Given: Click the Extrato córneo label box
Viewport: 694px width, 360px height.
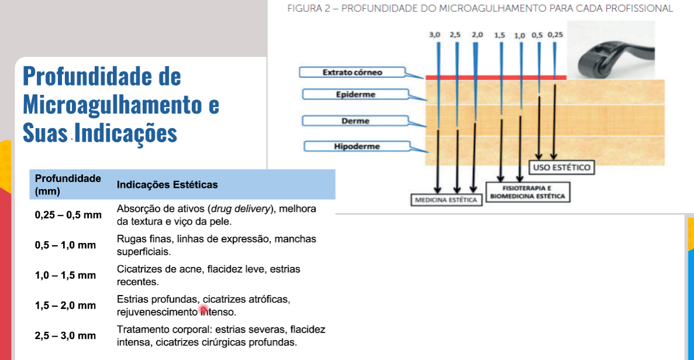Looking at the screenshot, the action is tap(352, 72).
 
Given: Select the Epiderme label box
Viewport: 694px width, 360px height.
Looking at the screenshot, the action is tap(355, 94).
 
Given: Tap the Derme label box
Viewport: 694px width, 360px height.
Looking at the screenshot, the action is tap(355, 121).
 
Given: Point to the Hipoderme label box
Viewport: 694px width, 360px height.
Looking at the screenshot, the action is tap(357, 146).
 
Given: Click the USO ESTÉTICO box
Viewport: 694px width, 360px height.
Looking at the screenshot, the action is tap(561, 167).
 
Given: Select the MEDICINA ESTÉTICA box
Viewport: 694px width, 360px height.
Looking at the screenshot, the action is tap(446, 200).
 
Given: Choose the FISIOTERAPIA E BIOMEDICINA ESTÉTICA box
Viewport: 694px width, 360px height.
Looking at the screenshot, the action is tap(528, 192).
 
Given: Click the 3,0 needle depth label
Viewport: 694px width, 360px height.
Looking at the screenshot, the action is tap(434, 35).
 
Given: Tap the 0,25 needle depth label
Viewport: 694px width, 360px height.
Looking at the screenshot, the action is tap(555, 35).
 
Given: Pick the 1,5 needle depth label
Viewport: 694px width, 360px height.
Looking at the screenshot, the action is tap(499, 35).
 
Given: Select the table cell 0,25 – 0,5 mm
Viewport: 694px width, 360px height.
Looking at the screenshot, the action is tap(68, 215).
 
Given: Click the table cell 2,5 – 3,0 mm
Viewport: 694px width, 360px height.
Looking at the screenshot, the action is tap(66, 335).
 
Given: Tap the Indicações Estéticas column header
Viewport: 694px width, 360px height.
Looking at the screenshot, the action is tap(167, 184).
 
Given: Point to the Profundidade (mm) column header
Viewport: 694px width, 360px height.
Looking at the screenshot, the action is tap(68, 184).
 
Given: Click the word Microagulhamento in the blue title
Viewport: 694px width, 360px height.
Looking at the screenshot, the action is tap(112, 105).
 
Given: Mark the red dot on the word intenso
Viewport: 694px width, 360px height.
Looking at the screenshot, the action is tap(204, 310).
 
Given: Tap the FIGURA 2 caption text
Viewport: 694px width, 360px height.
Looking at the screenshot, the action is tap(480, 8).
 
